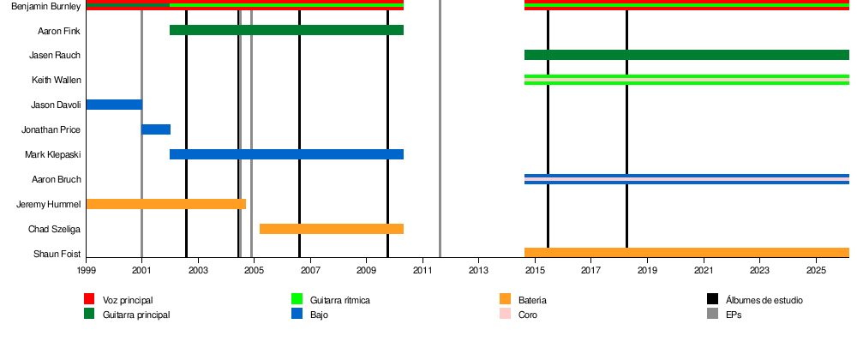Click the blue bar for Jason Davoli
click(114, 105)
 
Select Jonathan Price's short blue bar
click(156, 129)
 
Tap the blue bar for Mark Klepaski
click(286, 154)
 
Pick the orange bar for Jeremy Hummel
click(165, 204)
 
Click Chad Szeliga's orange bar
click(331, 229)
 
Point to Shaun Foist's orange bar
click(686, 253)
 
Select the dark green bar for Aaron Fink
click(286, 30)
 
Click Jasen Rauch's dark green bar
click(686, 55)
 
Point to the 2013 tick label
click(479, 271)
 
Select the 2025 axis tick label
click(816, 271)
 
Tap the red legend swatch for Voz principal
click(89, 299)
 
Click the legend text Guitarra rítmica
click(340, 300)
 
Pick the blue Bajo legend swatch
click(297, 314)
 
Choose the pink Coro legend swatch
click(506, 314)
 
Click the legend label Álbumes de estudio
click(764, 300)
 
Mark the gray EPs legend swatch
click(713, 314)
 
